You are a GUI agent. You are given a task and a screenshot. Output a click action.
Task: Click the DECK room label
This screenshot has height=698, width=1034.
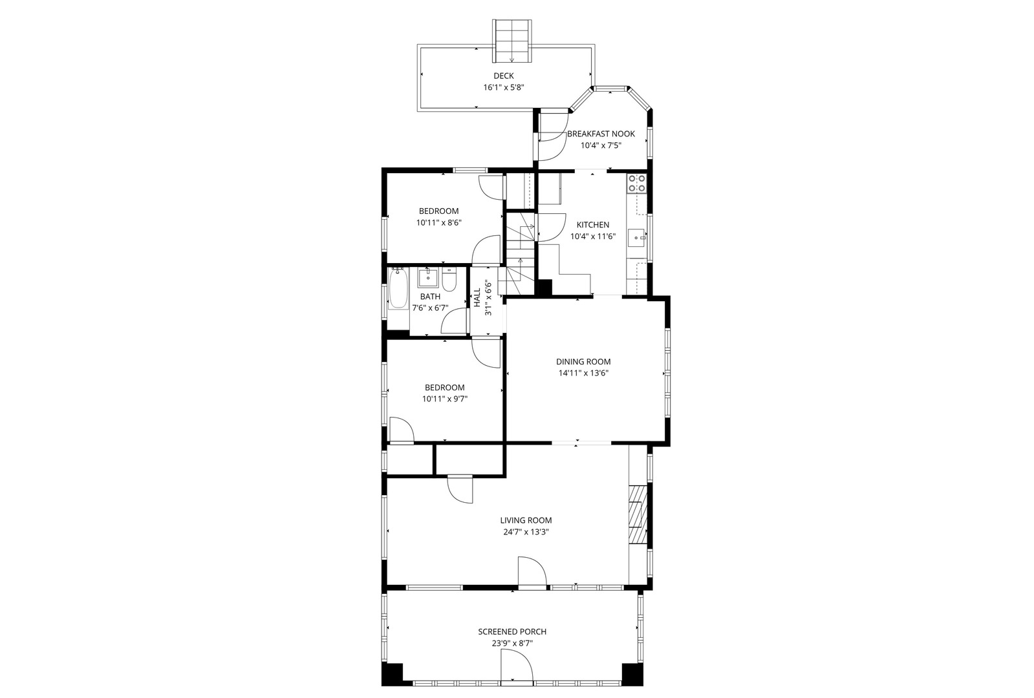point(503,76)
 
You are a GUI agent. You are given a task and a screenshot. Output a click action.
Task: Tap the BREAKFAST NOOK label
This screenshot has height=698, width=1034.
point(601,134)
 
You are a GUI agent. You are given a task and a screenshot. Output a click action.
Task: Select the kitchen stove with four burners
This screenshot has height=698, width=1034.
point(636,183)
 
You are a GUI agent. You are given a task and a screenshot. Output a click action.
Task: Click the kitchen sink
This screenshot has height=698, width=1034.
point(638,238)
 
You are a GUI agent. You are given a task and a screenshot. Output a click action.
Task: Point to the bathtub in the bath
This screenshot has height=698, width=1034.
point(397,290)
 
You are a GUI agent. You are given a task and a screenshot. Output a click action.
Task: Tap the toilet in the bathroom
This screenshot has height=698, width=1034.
point(449,279)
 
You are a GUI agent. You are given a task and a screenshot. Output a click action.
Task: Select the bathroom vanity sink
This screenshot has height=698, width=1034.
point(428,278)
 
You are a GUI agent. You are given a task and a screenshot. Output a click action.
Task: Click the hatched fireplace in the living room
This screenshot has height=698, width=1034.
point(638,514)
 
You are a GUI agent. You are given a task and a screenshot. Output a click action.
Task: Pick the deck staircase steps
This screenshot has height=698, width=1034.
point(512,41)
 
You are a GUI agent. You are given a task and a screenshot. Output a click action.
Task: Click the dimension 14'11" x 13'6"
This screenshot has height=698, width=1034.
point(583,373)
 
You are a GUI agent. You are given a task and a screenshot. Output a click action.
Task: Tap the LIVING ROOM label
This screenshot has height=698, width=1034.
point(526,520)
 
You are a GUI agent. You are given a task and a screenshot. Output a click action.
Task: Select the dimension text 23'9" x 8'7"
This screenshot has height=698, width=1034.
point(512,643)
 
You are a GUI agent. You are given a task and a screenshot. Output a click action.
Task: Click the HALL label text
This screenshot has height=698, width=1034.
point(477,298)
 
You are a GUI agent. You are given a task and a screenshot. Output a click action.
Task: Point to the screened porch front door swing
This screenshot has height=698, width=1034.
point(517,665)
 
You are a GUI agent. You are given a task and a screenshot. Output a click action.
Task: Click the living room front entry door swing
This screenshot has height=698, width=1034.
point(532,571)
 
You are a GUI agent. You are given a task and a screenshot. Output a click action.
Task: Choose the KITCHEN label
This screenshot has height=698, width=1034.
point(593,225)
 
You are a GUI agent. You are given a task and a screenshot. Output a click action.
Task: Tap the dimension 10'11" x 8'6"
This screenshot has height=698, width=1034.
point(439,222)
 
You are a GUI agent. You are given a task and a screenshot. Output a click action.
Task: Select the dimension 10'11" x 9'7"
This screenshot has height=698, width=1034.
point(445,399)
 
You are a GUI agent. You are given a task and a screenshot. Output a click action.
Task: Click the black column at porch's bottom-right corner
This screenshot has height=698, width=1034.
point(632,675)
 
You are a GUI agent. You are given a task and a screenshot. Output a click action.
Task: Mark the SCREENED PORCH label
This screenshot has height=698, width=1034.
point(512,631)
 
